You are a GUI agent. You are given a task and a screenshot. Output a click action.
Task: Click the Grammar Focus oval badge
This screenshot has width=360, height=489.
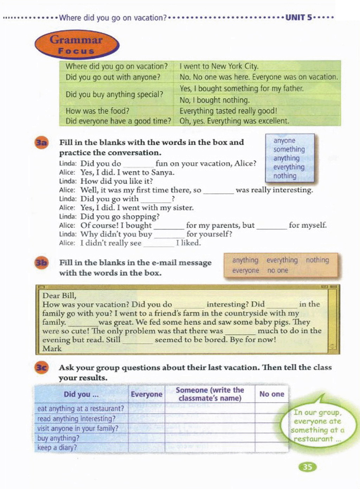[x=77, y=45]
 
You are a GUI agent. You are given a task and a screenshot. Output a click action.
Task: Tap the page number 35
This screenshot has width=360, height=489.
[x=307, y=467]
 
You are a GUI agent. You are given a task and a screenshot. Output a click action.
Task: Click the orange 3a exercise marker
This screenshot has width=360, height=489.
[x=41, y=142]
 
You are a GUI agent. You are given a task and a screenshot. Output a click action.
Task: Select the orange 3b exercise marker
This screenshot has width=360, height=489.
[x=41, y=263]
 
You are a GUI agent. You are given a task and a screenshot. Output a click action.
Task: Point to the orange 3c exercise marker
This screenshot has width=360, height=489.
[x=41, y=368]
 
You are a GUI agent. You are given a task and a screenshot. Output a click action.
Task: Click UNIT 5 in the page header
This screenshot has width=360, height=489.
[x=298, y=18]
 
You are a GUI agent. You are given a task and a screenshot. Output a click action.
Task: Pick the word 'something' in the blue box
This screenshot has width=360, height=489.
[x=289, y=150]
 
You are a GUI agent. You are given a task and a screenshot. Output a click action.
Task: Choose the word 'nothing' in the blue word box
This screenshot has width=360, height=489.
[x=285, y=176]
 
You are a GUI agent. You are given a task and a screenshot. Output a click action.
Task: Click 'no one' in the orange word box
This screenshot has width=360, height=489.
[x=277, y=271]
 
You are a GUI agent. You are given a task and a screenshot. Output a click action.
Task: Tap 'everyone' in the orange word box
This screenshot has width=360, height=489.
[x=245, y=271]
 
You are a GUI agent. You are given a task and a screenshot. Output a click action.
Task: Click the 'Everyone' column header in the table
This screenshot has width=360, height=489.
[x=147, y=394]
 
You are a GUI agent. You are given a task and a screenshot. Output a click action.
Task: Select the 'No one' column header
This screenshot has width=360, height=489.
[x=272, y=394]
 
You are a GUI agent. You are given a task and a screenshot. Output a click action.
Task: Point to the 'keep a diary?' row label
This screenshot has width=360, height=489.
[x=57, y=447]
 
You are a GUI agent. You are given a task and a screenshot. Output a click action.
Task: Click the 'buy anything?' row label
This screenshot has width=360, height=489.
[x=58, y=438]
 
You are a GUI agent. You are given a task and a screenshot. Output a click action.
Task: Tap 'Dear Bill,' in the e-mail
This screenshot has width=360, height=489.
[x=59, y=296]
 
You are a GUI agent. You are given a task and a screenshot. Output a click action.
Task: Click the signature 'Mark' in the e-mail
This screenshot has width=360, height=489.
[x=52, y=349]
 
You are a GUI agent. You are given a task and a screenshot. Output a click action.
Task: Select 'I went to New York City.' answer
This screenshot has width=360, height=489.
[x=219, y=66]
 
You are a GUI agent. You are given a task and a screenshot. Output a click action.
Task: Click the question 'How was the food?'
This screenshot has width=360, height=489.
[x=97, y=111]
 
